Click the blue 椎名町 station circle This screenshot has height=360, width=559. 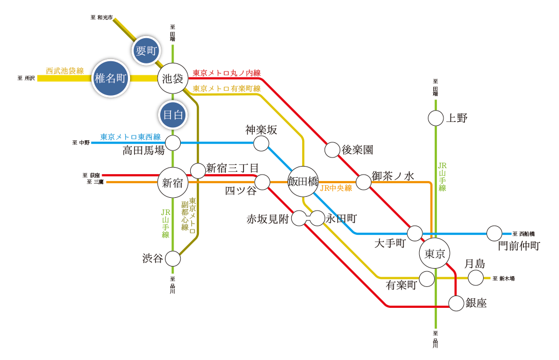pyautogui.click(x=110, y=78)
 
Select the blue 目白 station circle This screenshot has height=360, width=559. pyautogui.click(x=173, y=114)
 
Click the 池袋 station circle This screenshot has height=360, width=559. pyautogui.click(x=173, y=78)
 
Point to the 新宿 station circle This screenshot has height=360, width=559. pyautogui.click(x=173, y=183)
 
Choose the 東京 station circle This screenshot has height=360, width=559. pyautogui.click(x=434, y=254)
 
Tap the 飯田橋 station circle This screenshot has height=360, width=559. pyautogui.click(x=304, y=182)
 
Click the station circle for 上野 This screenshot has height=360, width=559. pyautogui.click(x=435, y=118)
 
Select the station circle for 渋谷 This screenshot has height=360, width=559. pyautogui.click(x=173, y=258)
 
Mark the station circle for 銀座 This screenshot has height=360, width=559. pyautogui.click(x=456, y=304)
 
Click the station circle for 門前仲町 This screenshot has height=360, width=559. pyautogui.click(x=494, y=234)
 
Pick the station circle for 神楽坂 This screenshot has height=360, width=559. pyautogui.click(x=261, y=143)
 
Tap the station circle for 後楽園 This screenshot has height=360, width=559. pyautogui.click(x=332, y=150)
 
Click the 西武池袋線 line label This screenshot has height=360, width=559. pyautogui.click(x=65, y=70)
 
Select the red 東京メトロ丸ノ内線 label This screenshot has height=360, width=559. pyautogui.click(x=226, y=73)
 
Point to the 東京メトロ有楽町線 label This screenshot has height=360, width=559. pyautogui.click(x=226, y=88)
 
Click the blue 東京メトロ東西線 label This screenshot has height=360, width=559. pyautogui.click(x=131, y=137)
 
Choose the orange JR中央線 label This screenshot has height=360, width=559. pyautogui.click(x=336, y=188)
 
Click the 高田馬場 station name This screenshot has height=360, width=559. pyautogui.click(x=143, y=151)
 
